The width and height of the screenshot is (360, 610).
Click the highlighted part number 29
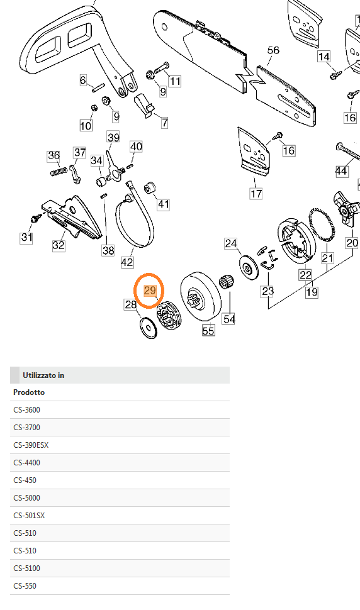pyautogui.click(x=150, y=290)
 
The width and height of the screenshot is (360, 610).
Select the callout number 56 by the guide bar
pyautogui.click(x=273, y=50)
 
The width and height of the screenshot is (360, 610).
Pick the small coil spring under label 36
pyautogui.click(x=59, y=170)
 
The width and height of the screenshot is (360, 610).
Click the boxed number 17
pyautogui.click(x=256, y=194)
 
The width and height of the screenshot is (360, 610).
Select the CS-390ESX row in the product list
pyautogui.click(x=31, y=445)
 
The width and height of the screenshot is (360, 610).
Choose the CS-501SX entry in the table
pyautogui.click(x=29, y=516)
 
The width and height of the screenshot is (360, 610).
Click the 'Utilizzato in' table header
pyautogui.click(x=43, y=375)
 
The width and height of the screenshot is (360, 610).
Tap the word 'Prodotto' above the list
pyautogui.click(x=28, y=392)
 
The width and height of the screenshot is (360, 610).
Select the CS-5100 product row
pyautogui.click(x=26, y=568)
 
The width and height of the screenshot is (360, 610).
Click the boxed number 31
pyautogui.click(x=26, y=237)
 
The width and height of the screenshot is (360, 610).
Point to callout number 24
pyautogui.click(x=231, y=243)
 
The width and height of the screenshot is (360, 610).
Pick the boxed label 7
pyautogui.click(x=164, y=123)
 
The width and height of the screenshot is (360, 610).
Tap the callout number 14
pyautogui.click(x=323, y=57)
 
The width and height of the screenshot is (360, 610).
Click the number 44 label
pyautogui.click(x=341, y=171)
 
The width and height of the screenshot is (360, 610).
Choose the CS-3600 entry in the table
pyautogui.click(x=26, y=410)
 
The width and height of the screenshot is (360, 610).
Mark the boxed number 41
pyautogui.click(x=164, y=204)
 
